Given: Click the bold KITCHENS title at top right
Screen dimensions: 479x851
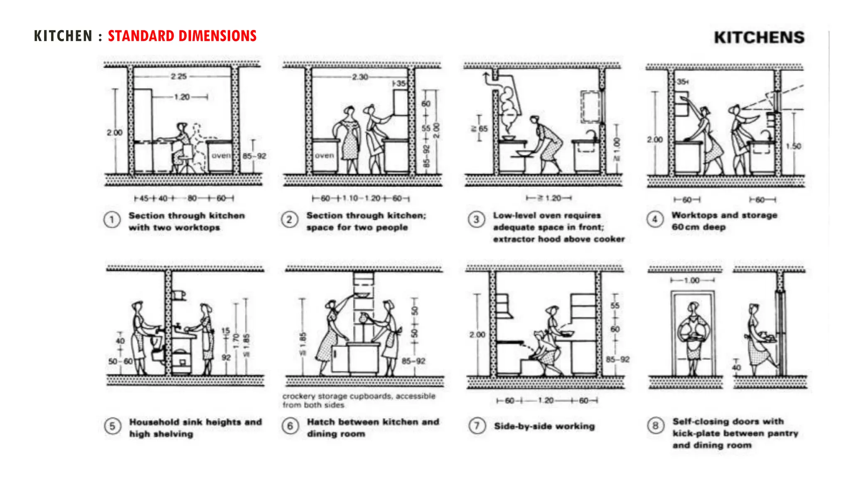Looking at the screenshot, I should pos(759,38).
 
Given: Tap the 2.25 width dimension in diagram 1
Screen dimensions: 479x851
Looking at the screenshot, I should pos(179,77).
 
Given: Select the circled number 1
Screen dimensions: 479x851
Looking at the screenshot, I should pos(112,220).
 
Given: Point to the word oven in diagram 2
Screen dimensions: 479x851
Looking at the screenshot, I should pos(324,156).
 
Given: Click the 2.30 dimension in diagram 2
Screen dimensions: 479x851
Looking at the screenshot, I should pos(360,77).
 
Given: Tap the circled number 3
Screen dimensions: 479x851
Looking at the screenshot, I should pos(477,220).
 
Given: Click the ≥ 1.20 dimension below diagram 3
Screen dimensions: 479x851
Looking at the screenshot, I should pos(549,198).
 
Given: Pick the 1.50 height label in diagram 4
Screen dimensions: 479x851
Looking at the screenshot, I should pos(793,146).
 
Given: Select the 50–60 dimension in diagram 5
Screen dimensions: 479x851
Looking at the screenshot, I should pos(120,361).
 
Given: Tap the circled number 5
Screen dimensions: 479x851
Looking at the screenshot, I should pos(112,426).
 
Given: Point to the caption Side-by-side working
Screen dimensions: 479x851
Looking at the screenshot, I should pos(544,426).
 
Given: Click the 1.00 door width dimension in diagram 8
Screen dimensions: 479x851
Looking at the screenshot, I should pos(692,281).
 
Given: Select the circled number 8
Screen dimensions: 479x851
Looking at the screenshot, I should pos(655,426).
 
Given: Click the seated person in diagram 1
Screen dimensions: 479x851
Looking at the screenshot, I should pos(182,146).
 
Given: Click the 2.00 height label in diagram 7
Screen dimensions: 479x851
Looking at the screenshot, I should pos(477,335).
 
